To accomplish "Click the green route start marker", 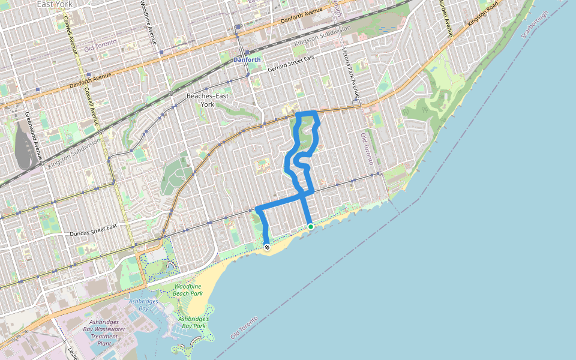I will [310, 226].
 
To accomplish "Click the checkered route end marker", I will [266, 247].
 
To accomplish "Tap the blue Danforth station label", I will [247, 60].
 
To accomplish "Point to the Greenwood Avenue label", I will [28, 134].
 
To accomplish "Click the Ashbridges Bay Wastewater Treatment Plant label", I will [103, 332].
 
